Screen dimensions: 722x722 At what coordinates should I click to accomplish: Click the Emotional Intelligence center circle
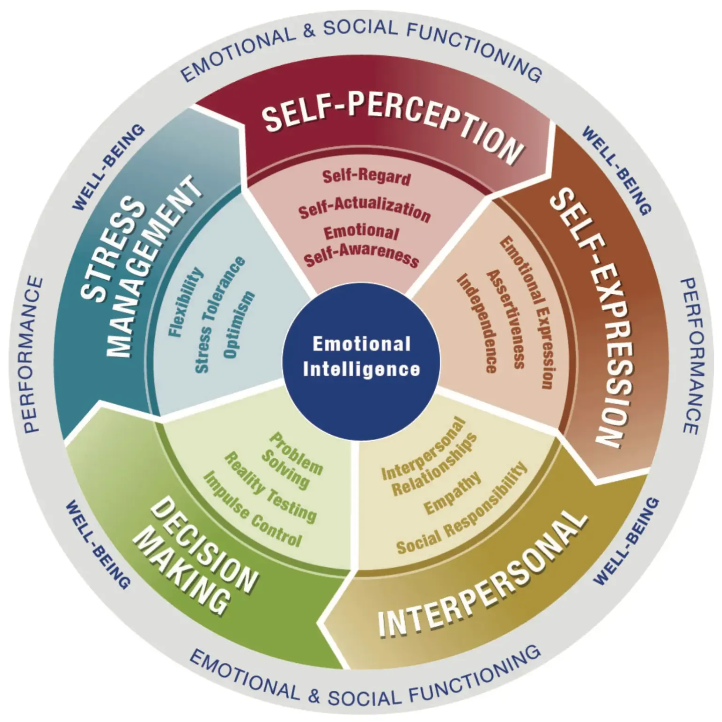click(361, 356)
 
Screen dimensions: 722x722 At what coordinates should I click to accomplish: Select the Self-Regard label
click(367, 176)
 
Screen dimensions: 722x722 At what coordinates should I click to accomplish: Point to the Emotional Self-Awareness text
click(362, 246)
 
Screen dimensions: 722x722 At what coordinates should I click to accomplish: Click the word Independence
click(478, 323)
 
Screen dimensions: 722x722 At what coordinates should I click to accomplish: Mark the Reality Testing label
click(270, 486)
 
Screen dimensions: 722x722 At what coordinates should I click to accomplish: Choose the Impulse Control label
click(253, 509)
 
